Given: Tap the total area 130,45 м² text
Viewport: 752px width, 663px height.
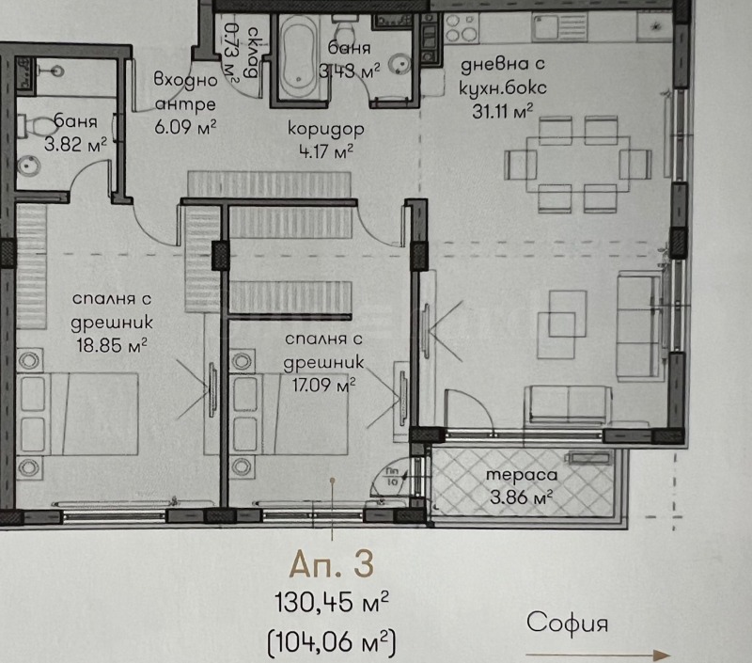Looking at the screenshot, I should tap(331, 602).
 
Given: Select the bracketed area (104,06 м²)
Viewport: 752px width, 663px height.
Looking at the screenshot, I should tap(331, 642).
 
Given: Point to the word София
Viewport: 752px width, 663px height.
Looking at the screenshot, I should tap(569, 622).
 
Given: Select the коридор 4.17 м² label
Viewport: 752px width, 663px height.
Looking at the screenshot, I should tap(325, 139).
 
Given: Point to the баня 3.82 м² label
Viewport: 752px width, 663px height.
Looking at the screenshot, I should tap(79, 133).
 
